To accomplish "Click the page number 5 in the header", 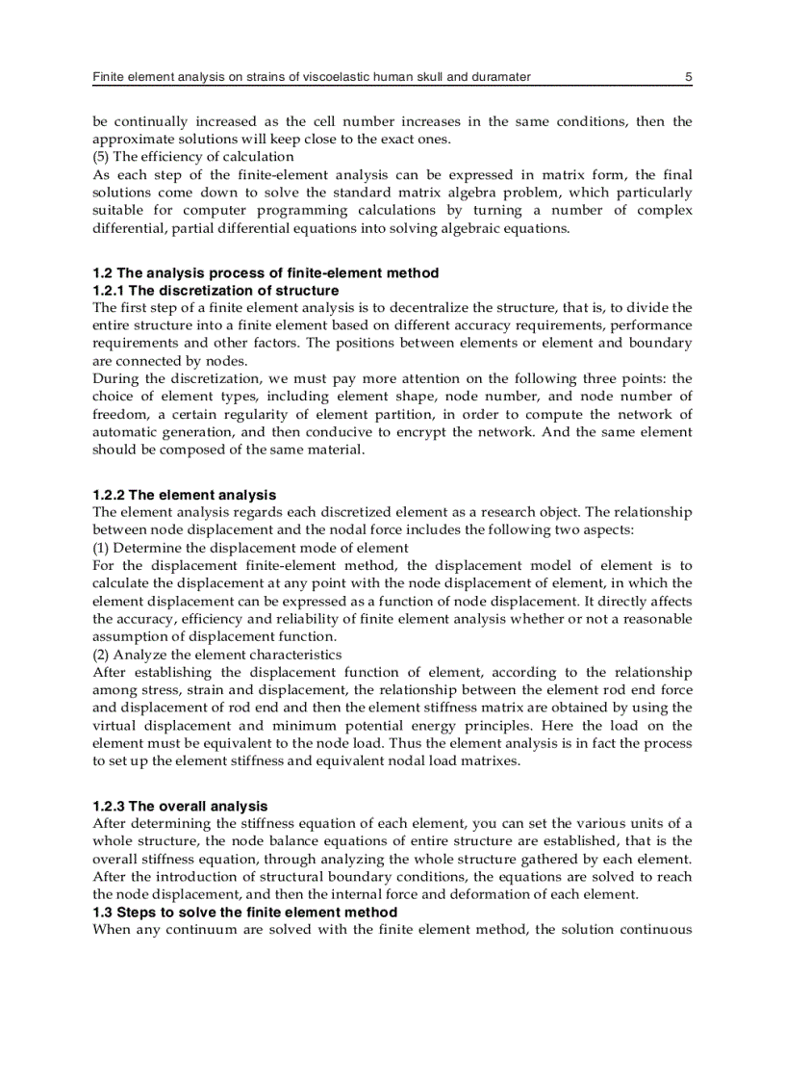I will coord(689,76).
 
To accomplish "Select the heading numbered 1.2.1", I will coord(215,290).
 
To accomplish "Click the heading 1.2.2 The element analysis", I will coord(184,495).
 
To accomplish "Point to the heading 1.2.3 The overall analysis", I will coord(180,806).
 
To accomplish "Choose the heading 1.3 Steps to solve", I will coord(244,912).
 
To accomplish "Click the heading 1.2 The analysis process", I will coord(266,272).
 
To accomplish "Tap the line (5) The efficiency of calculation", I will coord(193,156).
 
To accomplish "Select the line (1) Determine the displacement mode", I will coord(250,548).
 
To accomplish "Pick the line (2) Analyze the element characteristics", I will coord(217,655).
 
